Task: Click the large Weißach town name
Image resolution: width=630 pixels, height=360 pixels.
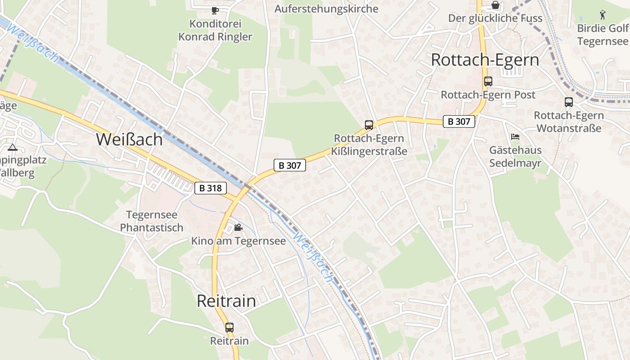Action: point(129,139)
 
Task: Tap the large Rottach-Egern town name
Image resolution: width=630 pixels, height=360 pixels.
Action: point(485,60)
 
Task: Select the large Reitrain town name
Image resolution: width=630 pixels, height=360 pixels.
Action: point(226,301)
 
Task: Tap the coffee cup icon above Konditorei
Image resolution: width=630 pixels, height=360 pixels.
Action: point(215,10)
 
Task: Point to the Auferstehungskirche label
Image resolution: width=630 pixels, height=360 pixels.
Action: point(326,9)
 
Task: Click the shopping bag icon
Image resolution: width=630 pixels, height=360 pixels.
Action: point(495,5)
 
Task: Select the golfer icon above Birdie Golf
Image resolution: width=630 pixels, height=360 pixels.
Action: point(603,15)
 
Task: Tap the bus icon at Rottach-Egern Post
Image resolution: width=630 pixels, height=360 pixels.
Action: point(488,81)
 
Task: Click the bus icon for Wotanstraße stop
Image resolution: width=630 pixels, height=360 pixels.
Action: point(569,102)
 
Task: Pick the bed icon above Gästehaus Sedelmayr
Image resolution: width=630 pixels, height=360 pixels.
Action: point(515,136)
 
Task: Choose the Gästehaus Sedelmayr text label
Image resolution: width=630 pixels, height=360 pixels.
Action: point(515,157)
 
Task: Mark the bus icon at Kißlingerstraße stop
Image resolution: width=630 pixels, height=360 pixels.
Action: point(369,125)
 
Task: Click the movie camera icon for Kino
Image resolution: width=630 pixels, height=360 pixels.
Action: point(238,228)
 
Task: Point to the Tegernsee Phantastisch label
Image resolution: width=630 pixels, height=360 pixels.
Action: point(152,221)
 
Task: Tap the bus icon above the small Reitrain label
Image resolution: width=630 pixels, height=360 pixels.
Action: point(229,328)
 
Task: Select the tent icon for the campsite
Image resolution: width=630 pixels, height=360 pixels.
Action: point(12,147)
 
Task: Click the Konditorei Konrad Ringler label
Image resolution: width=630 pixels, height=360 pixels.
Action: point(215,30)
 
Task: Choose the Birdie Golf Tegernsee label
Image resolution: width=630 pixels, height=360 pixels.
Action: point(603,35)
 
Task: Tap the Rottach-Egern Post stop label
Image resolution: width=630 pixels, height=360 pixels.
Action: point(488,95)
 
